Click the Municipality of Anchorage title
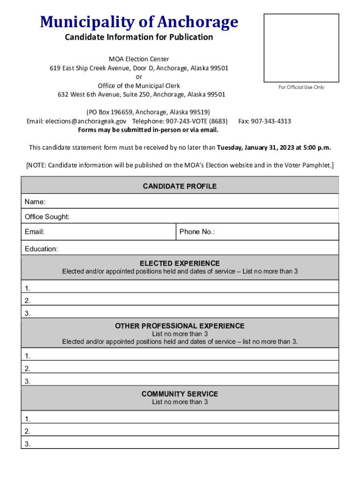click(139, 22)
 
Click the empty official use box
click(301, 48)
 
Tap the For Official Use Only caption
click(301, 87)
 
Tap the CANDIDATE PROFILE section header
click(180, 186)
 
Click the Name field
click(187, 202)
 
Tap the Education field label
click(42, 249)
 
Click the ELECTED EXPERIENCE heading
click(180, 263)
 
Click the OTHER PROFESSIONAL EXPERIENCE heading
click(180, 326)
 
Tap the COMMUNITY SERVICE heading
click(180, 394)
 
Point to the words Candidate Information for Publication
click(139, 37)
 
